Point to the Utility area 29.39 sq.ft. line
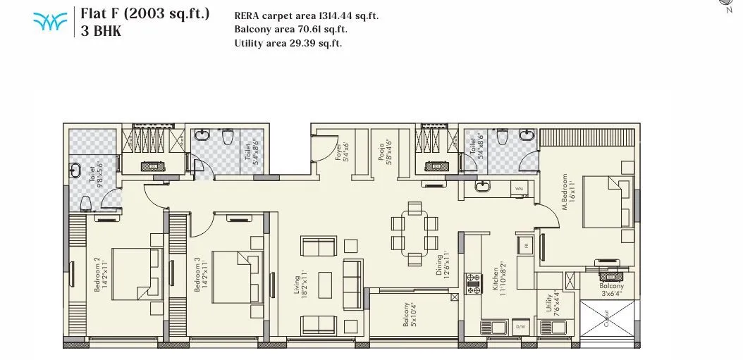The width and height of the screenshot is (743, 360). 288,43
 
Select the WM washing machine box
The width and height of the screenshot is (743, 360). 519,188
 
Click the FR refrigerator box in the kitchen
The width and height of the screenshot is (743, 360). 526,245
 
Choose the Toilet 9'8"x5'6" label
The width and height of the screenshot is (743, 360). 92,174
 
